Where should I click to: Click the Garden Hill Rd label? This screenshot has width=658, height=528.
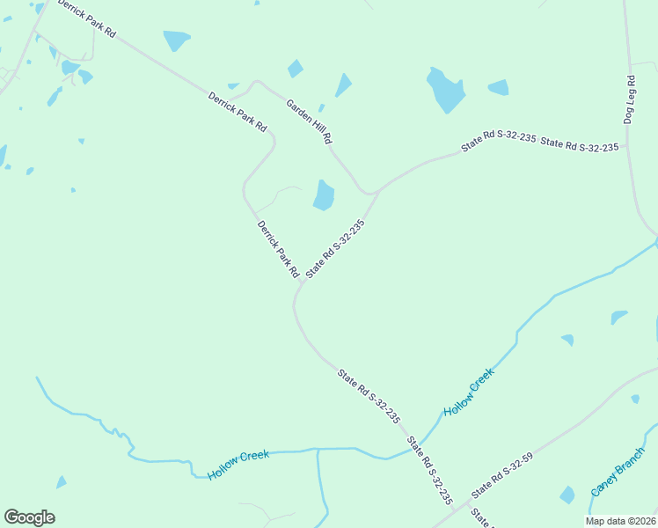(x=309, y=121)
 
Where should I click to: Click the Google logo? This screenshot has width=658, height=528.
(x=29, y=517)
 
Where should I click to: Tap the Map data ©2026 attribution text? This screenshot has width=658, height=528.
(x=619, y=521)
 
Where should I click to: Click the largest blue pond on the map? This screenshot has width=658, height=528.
(x=445, y=90)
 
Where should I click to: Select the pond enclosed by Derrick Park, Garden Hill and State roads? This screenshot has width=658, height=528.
(x=324, y=195)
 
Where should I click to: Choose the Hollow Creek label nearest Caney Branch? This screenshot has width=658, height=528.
(x=469, y=392)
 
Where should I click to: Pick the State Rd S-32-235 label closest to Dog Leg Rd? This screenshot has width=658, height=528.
(x=580, y=145)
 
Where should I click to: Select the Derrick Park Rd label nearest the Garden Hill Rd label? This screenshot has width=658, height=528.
(x=238, y=112)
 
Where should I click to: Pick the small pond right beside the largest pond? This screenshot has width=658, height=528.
(x=498, y=87)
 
